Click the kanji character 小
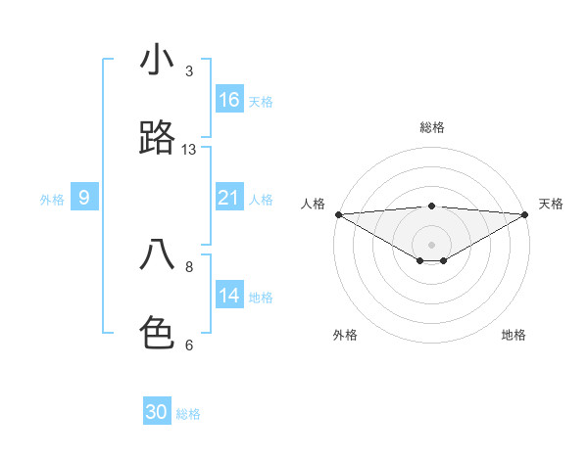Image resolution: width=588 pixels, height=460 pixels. point(157,60)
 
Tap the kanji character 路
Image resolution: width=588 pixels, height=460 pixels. point(157,139)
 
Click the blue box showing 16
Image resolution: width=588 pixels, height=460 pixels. point(229,100)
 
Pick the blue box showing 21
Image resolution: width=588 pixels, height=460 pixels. point(229,199)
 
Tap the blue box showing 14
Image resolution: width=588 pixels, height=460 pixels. point(229,297)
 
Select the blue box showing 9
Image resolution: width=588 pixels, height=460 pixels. point(84,199)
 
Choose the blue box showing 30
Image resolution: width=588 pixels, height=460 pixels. point(157,413)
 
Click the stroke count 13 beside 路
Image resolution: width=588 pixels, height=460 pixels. point(189,150)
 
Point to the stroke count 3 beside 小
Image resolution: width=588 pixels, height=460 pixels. point(189,71)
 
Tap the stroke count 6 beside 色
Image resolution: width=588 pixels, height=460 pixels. point(189,345)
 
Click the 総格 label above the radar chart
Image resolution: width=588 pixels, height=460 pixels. point(432,127)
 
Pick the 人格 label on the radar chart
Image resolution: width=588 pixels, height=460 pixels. point(313,204)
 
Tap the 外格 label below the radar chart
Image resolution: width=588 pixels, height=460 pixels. point(345,335)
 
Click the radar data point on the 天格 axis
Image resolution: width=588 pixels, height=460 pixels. point(526,214)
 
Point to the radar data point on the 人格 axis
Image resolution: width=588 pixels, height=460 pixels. point(338,214)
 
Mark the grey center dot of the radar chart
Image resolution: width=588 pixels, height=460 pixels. point(432,244)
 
